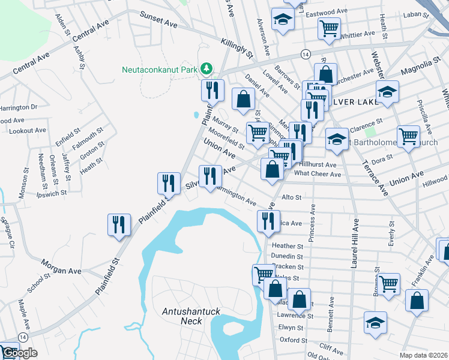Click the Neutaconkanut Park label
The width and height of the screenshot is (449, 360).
160,70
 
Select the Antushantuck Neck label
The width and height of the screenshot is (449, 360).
188,316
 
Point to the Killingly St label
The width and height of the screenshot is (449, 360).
237,46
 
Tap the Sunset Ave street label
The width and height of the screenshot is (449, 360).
159,20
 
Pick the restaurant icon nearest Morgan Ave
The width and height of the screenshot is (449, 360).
119,225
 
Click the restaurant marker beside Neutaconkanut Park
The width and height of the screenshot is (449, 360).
212,91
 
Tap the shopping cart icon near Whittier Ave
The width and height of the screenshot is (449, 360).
329,28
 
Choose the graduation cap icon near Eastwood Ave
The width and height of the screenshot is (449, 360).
282,19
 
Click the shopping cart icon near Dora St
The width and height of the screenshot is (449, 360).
408,136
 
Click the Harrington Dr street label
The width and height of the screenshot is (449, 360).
18,107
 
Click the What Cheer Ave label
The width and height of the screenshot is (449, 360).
318,174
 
